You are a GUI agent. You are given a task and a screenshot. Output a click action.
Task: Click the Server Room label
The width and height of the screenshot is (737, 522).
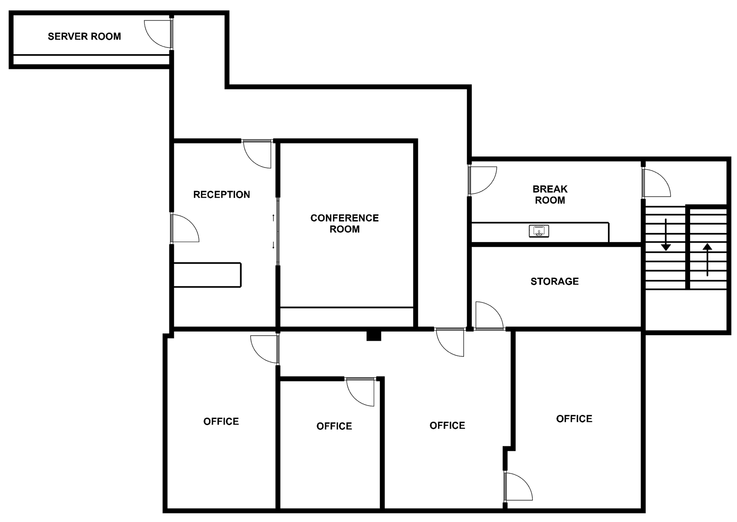[84, 36]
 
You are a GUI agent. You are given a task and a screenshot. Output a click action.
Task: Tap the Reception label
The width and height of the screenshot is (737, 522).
[221, 195]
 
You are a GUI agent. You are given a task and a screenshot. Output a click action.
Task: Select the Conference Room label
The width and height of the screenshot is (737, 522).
[345, 224]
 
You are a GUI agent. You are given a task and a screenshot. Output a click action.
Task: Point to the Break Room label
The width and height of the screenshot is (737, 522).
[550, 195]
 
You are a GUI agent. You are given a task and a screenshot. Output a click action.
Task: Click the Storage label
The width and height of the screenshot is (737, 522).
[555, 281]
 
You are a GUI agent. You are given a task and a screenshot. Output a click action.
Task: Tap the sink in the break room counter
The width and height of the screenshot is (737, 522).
[539, 231]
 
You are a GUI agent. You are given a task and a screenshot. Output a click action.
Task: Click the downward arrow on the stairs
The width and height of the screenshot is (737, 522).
[666, 235]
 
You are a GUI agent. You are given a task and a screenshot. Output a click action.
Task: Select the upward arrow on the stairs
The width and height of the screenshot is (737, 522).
[707, 259]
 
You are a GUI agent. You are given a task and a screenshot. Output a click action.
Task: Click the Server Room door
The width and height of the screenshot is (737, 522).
[158, 34]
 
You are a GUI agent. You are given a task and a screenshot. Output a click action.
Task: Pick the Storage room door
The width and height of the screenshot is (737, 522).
[489, 316]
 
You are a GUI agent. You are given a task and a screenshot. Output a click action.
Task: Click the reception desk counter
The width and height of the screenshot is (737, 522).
[207, 275]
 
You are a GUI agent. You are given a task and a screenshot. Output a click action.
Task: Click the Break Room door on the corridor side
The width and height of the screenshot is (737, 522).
[482, 180]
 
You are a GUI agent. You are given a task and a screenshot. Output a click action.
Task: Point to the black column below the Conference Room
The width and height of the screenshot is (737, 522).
[374, 336]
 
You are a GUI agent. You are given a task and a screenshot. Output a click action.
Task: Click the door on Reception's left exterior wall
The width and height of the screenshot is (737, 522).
[185, 228]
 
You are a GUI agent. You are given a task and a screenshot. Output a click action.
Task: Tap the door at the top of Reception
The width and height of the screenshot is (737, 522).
[257, 154]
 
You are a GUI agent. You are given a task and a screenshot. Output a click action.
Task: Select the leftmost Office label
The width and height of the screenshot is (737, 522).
[221, 421]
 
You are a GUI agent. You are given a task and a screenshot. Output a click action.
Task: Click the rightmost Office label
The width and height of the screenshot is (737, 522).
[574, 419]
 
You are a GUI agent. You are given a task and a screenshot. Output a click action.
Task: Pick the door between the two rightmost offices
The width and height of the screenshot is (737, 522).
[518, 487]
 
